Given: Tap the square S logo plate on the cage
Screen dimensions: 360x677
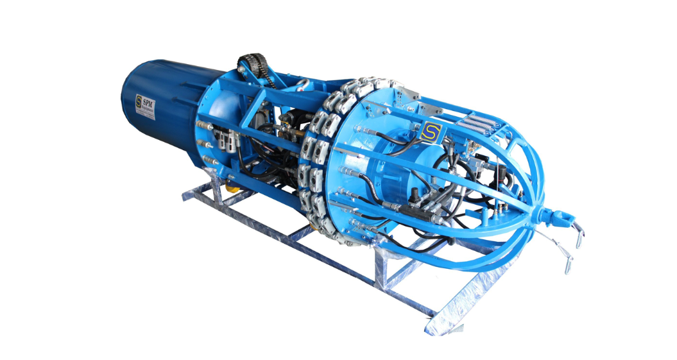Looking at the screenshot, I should coord(428,133).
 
